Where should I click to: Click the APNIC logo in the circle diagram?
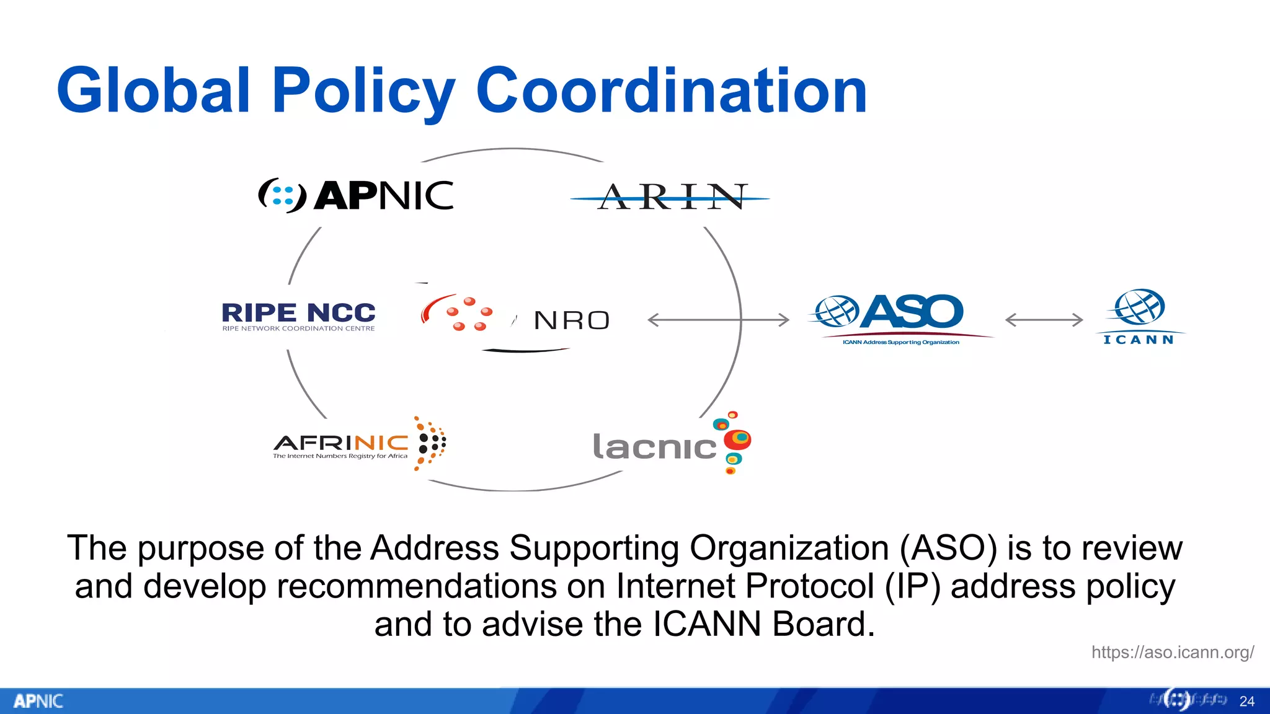click(356, 196)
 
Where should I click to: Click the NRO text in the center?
click(572, 320)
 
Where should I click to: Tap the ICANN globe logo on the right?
click(1139, 308)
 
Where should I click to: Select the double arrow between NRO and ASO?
click(718, 320)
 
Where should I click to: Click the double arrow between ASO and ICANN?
click(1044, 320)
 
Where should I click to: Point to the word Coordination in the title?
click(671, 91)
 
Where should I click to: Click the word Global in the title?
click(154, 91)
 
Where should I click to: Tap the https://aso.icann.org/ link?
click(1172, 652)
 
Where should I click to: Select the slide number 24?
click(1246, 701)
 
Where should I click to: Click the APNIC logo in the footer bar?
click(38, 701)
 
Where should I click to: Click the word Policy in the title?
click(363, 91)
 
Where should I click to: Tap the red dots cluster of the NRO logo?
click(469, 314)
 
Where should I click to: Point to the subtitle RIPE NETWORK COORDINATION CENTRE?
click(298, 328)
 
